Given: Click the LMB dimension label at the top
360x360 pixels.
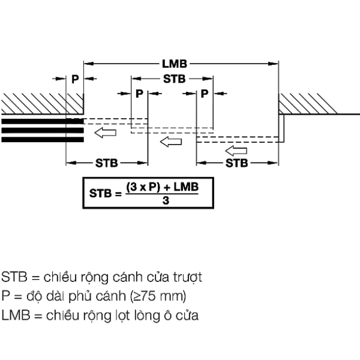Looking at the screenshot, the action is click(x=175, y=64).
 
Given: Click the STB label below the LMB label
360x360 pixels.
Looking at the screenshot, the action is click(x=174, y=79).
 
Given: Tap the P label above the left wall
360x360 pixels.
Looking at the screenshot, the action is click(x=75, y=79).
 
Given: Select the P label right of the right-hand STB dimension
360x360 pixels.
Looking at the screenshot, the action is click(x=205, y=94).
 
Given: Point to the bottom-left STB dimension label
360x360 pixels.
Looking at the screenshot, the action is click(x=107, y=163).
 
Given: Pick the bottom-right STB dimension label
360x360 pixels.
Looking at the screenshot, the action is click(x=237, y=163).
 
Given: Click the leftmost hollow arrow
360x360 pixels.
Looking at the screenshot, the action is click(x=106, y=133).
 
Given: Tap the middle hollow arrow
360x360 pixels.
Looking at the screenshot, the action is click(x=171, y=142).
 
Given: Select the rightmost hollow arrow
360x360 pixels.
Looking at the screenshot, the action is click(x=236, y=151).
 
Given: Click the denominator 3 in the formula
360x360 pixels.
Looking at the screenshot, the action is click(x=166, y=200).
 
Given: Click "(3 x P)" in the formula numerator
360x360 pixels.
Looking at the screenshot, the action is click(x=143, y=187).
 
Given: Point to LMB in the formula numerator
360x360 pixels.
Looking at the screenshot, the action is click(x=186, y=187).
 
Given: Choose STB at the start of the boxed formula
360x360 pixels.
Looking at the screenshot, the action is click(x=100, y=193).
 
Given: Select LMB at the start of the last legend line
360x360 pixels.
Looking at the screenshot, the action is click(x=16, y=315).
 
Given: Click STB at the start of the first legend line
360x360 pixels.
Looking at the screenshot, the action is click(x=14, y=277).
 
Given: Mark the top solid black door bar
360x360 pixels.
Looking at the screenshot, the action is click(x=43, y=121).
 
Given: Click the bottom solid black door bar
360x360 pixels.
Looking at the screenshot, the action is click(x=43, y=140).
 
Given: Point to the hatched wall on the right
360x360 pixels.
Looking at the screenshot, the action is click(x=308, y=104).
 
